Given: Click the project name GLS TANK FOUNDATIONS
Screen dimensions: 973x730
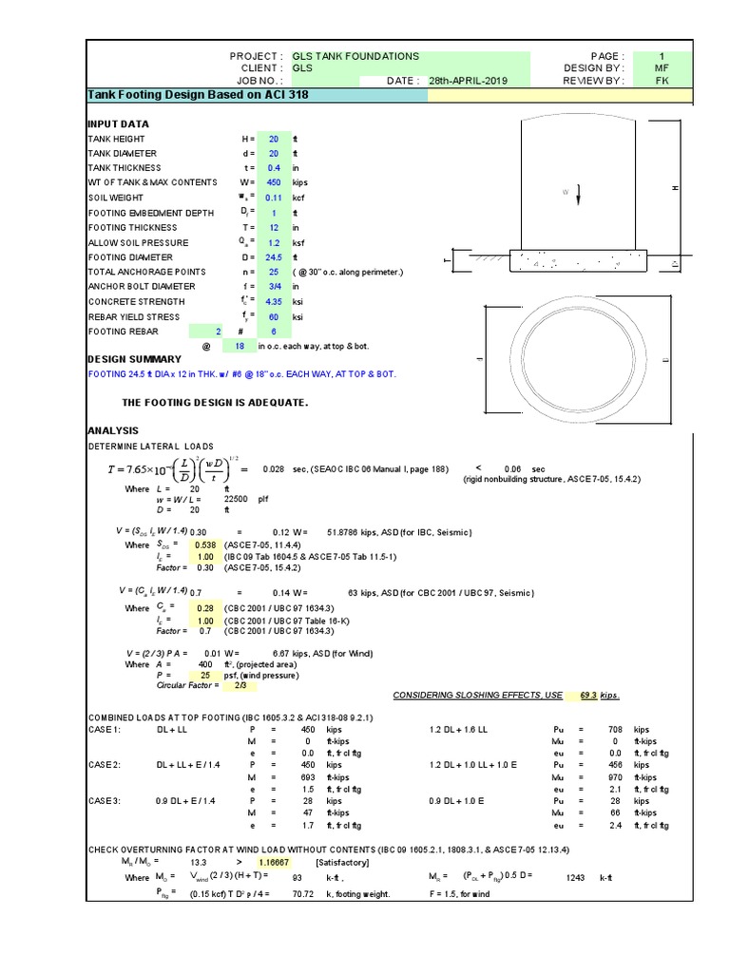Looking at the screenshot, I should [x=342, y=56].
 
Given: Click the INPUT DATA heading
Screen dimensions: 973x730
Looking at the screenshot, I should [x=118, y=124].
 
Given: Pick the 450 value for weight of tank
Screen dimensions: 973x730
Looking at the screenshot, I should [x=273, y=182].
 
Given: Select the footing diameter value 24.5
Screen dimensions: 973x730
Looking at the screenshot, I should [x=273, y=258].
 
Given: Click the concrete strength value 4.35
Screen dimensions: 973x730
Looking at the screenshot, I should [x=273, y=302].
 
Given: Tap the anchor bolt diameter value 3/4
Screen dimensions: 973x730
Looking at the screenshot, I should [x=273, y=286].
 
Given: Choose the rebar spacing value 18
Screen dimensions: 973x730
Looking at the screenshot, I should [x=240, y=346].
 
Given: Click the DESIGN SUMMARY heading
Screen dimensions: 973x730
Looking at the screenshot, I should [x=134, y=359].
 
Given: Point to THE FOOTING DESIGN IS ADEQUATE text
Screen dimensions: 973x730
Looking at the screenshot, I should [x=215, y=402].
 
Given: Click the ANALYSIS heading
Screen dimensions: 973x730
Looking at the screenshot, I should [x=113, y=430].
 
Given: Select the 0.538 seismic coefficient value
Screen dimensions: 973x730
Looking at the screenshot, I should [x=204, y=545].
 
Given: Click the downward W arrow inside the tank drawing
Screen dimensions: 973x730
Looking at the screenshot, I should [x=578, y=194].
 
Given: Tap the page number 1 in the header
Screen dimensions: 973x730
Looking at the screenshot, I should [x=663, y=56].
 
